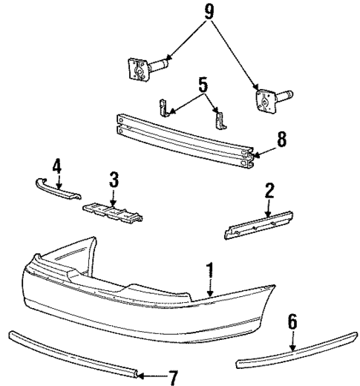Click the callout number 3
[x=114, y=180]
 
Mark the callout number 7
[x=173, y=378]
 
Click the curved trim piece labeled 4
[x=56, y=187]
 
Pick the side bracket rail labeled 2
[x=256, y=224]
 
